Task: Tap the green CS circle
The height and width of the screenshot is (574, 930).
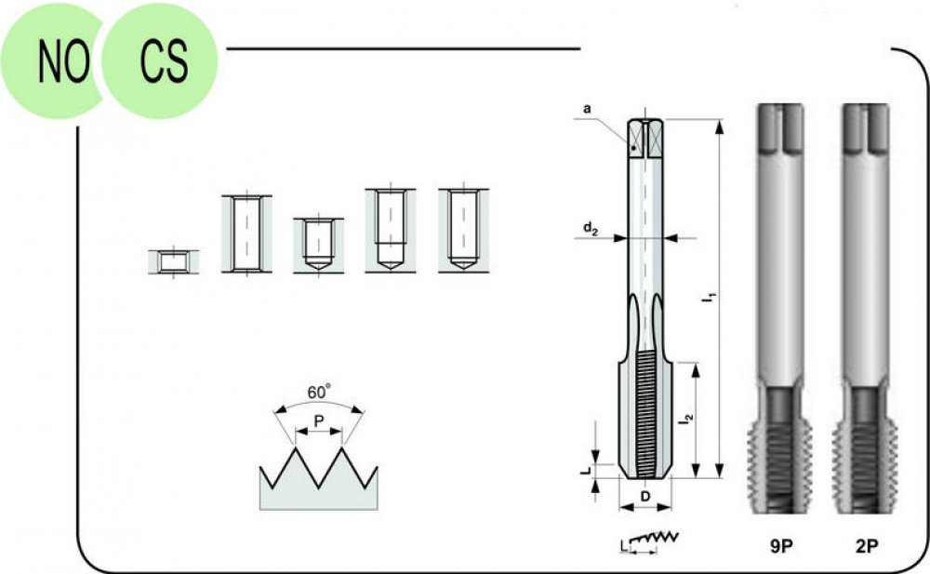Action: pos(160,61)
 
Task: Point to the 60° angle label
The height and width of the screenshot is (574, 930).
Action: pos(319,392)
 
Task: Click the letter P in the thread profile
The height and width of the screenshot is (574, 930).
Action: pos(319,420)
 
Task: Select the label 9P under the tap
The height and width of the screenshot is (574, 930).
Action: pos(781,546)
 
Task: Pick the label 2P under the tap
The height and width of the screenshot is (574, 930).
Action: pos(867,546)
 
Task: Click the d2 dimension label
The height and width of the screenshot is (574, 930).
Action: pos(591,229)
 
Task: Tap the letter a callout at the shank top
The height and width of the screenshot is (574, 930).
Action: pos(587,109)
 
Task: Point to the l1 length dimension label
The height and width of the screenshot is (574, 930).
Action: pos(710,297)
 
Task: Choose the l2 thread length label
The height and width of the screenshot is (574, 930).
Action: pos(687,419)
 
